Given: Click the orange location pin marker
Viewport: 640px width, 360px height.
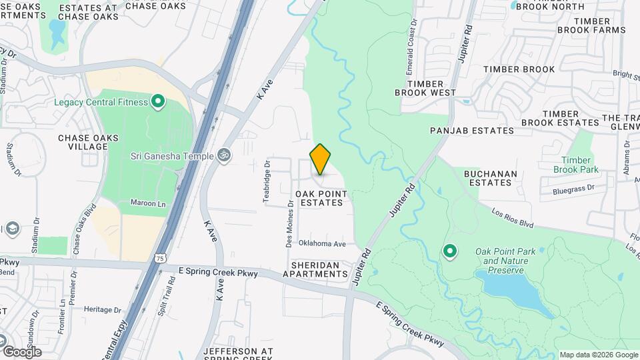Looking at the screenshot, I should tap(321, 159).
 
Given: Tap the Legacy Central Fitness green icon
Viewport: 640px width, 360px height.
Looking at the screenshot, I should tap(158, 102).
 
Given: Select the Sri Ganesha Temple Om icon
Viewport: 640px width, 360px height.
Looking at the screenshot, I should tap(224, 155).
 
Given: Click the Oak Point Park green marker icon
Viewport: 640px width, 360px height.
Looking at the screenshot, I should tap(450, 251).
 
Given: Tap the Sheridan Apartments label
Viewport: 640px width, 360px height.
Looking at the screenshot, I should tap(315, 269).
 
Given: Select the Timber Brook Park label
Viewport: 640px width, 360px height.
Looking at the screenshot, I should tap(576, 165).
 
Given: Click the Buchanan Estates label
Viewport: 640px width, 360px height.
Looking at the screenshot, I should tap(492, 177).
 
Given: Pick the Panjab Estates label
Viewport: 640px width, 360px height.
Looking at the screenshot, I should tap(472, 131).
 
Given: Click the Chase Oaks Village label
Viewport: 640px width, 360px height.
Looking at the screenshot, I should tap(88, 143).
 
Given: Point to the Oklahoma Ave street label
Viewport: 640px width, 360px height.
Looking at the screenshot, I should tap(322, 243).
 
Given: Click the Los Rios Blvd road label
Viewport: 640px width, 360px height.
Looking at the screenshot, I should tap(514, 217).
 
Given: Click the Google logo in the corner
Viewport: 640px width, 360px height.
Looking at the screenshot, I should tap(22, 351).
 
